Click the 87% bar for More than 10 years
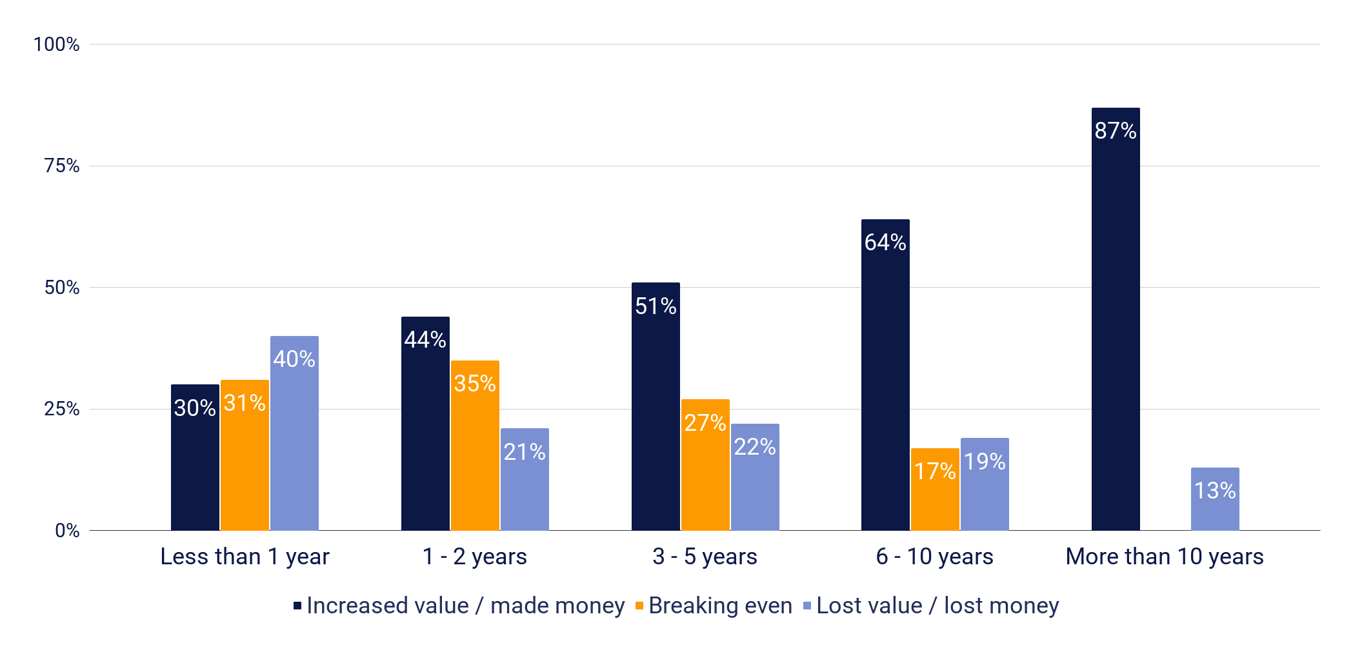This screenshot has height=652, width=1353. click(1116, 319)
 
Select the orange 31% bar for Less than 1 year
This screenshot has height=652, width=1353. click(245, 455)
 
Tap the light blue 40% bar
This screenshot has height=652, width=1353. click(294, 433)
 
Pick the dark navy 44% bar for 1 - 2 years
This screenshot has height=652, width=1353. click(425, 424)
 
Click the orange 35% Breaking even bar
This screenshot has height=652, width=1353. click(475, 446)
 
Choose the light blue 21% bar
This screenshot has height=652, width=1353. click(525, 479)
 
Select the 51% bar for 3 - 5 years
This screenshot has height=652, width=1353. click(656, 406)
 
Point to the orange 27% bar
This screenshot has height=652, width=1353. click(705, 465)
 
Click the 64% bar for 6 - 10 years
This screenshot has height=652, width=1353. click(885, 375)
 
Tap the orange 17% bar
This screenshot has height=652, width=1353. click(935, 489)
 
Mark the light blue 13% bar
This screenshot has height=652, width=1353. click(1215, 499)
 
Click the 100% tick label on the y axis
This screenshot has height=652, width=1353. click(56, 44)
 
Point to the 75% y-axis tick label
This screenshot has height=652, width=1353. click(61, 166)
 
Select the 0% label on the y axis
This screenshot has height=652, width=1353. click(67, 531)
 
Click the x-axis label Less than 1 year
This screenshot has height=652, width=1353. click(245, 557)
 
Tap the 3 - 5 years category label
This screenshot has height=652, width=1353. click(705, 557)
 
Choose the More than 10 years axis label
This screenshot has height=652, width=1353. click(1164, 557)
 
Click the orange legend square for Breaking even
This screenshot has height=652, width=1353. click(639, 606)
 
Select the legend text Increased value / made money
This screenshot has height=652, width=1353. click(465, 606)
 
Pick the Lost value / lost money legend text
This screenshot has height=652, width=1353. click(937, 606)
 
